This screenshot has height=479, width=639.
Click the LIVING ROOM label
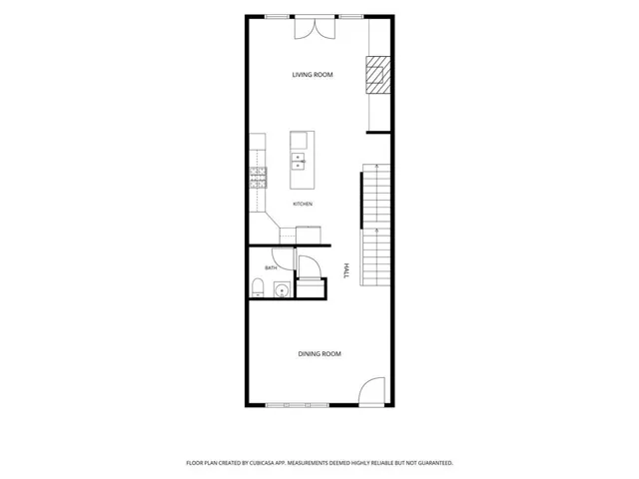(313, 75)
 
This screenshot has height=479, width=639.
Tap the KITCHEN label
(303, 204)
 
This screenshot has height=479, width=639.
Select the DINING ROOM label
(319, 354)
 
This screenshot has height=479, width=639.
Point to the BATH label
(271, 268)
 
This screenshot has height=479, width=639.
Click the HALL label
(346, 270)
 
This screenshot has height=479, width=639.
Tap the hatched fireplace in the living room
(377, 75)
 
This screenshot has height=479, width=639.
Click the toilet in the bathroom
(258, 287)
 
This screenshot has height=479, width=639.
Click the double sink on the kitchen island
(298, 162)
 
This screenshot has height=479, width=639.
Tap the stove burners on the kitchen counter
(258, 178)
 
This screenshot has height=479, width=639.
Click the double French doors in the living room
(315, 29)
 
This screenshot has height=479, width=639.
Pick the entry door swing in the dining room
(371, 392)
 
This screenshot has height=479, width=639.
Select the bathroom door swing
(283, 258)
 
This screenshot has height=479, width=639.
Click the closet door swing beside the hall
(310, 266)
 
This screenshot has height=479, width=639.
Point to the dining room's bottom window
(298, 405)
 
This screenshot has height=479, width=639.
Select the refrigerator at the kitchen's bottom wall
(309, 236)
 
